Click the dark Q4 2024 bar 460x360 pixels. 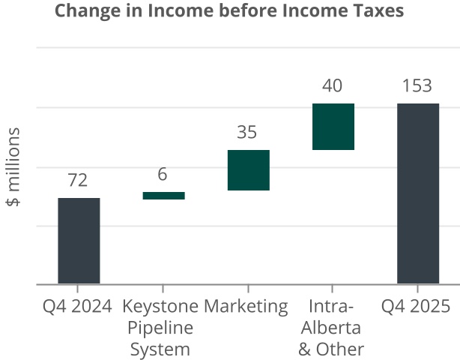point(79,241)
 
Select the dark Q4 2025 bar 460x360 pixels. point(417,193)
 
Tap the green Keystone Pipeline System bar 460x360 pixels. point(163,196)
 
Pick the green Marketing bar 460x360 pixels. point(248,170)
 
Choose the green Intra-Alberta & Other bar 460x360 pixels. point(333,127)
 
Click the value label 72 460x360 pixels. point(78,180)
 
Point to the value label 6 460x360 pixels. point(163,175)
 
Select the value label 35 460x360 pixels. point(247,133)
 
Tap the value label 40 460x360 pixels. point(333,86)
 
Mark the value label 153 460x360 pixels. point(417,86)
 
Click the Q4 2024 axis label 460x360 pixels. point(77,306)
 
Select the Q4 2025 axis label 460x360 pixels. point(416,306)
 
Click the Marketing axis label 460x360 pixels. point(246,306)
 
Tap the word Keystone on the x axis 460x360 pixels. point(160,306)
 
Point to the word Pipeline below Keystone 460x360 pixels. point(160,328)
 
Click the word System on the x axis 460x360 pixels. point(160,349)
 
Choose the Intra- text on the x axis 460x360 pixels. point(330,306)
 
